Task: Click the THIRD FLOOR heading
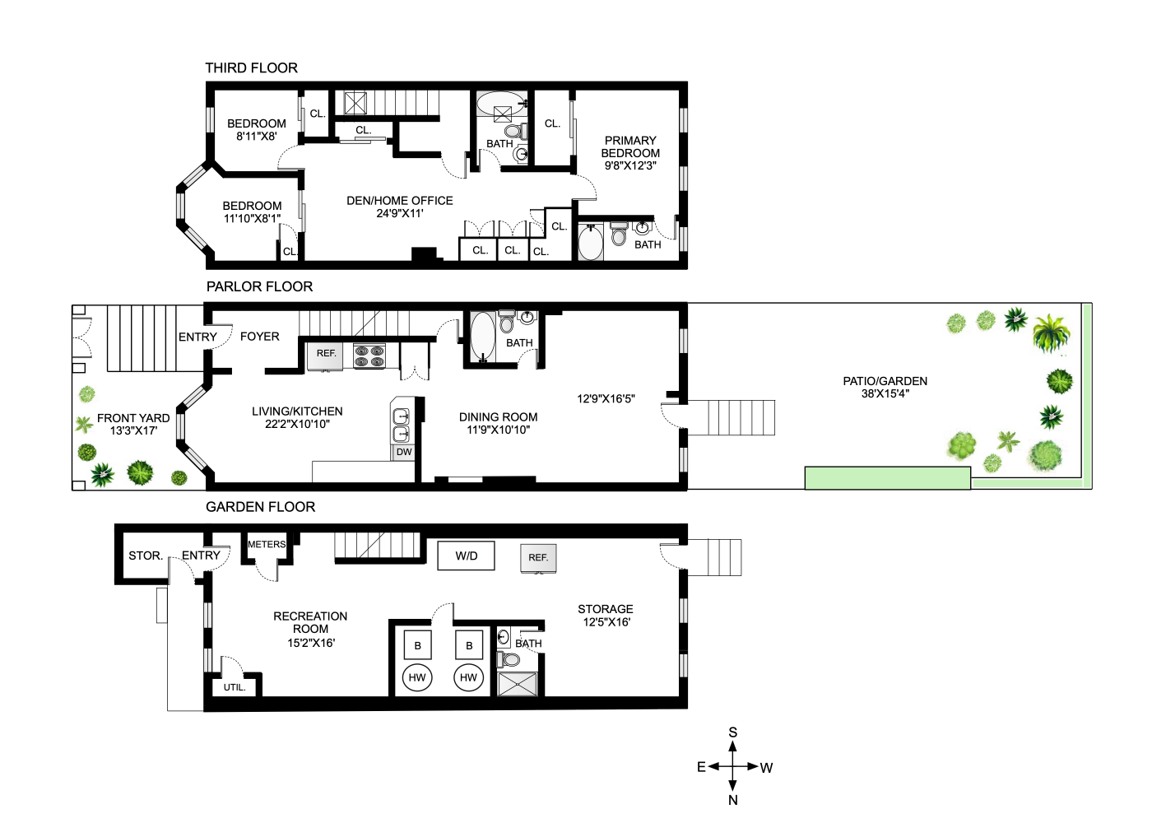coord(251,68)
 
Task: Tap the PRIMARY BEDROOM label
coord(630,147)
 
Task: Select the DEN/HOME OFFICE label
coord(400,201)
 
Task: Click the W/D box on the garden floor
coord(466,556)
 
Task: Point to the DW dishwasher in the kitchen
coord(404,452)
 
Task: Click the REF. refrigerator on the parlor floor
coord(326,354)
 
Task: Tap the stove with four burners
coord(369,356)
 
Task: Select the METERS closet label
coord(267,545)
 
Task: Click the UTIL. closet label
coord(235,687)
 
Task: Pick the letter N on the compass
coord(733,800)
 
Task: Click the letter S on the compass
coord(733,732)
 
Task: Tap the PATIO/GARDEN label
coord(885,381)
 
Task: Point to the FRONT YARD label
coord(133,418)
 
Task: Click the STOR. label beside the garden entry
coord(145,556)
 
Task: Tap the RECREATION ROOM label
coord(310,622)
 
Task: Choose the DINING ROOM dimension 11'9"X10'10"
coord(498,430)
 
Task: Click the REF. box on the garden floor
coord(538,557)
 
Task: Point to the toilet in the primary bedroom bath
coord(619,235)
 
